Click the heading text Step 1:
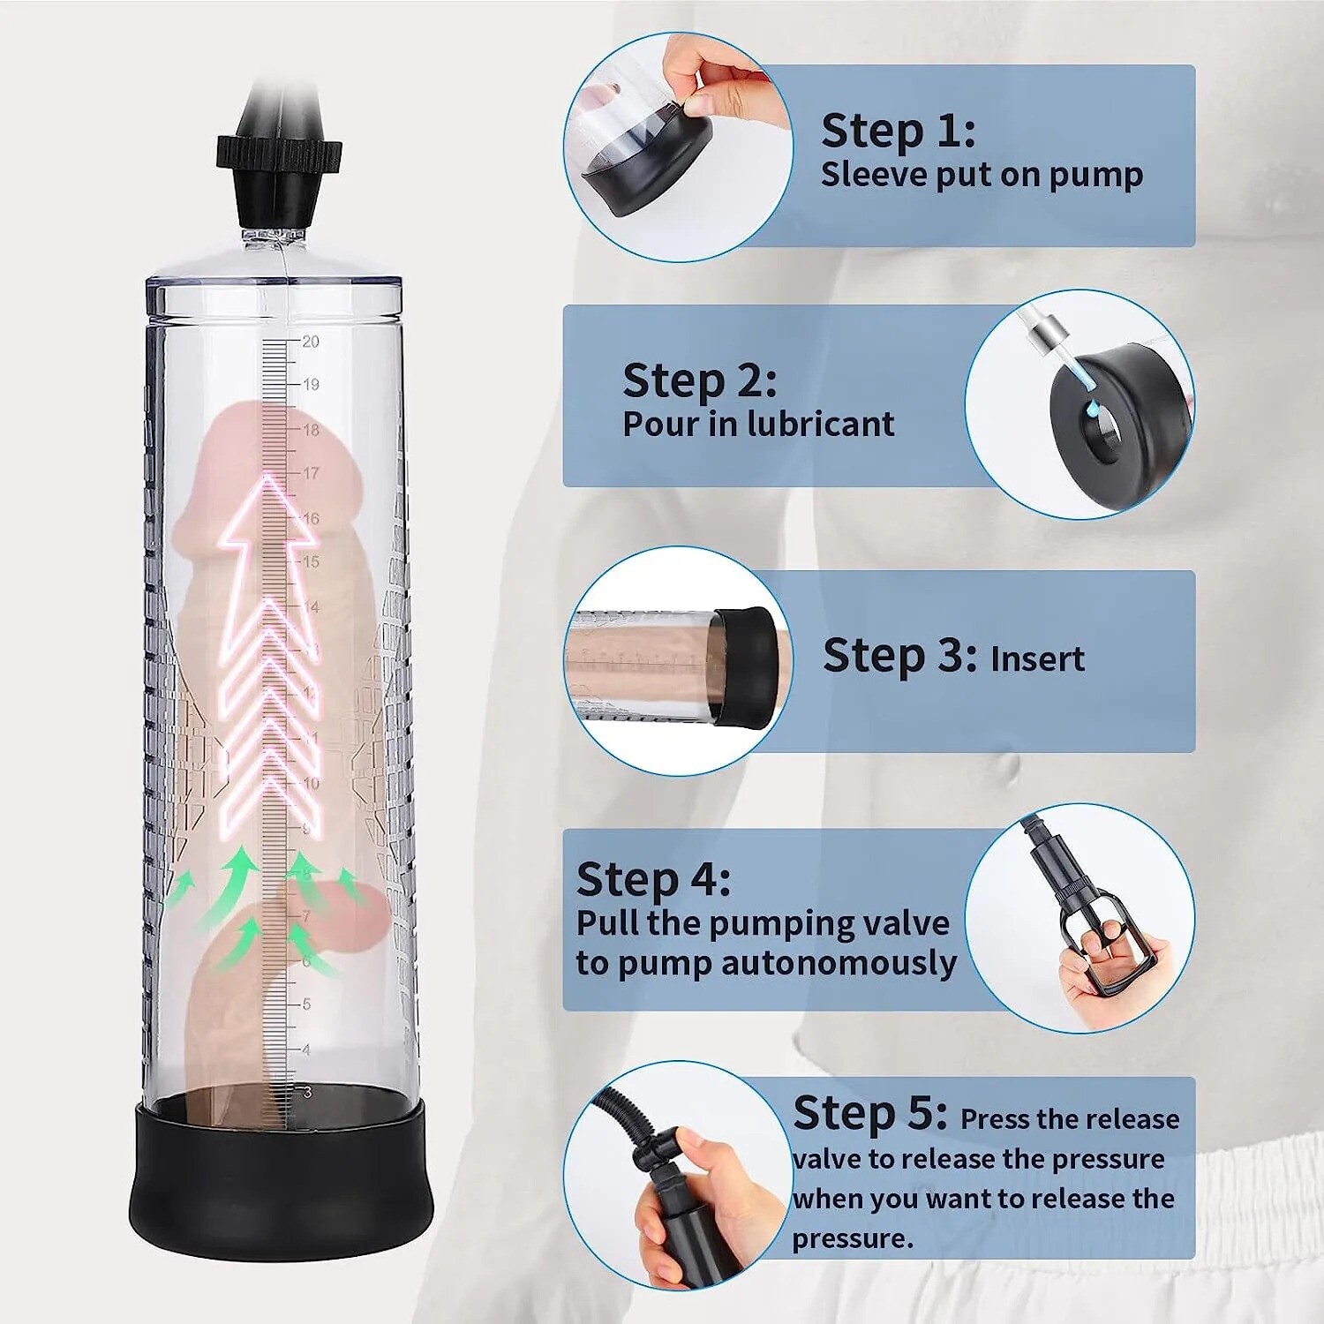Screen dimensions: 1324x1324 [898, 131]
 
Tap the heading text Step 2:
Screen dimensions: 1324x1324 [699, 380]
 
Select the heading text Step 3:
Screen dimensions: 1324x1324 [899, 656]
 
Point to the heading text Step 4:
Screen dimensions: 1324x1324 [653, 879]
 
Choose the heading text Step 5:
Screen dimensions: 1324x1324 [869, 1112]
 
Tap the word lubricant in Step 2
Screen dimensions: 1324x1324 [820, 425]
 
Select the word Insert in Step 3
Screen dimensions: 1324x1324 [1037, 659]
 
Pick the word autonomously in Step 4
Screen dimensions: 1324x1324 [839, 963]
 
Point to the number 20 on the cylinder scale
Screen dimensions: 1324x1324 [311, 342]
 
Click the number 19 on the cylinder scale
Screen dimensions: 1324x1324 [311, 385]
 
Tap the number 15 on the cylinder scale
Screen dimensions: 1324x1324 [311, 561]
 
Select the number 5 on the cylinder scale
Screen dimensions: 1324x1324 [306, 1004]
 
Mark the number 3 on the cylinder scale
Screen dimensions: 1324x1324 [306, 1093]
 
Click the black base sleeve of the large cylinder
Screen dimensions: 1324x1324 [281, 1183]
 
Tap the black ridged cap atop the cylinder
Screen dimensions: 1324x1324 [279, 154]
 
